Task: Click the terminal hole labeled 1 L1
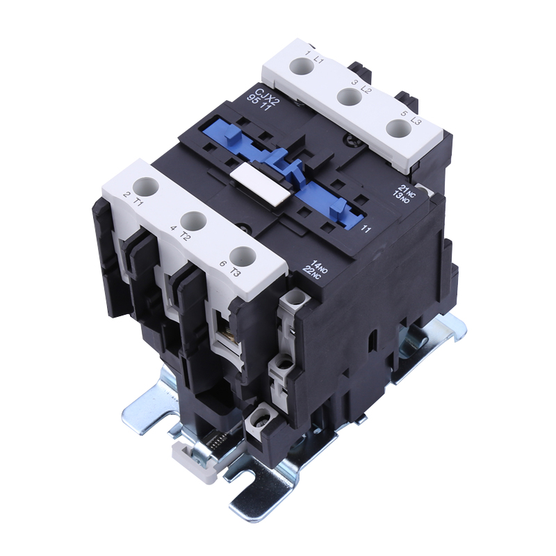[x=302, y=66]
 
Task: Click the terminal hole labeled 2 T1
[x=146, y=186]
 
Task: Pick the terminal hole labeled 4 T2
[x=194, y=222]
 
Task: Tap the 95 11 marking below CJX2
[x=259, y=103]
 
